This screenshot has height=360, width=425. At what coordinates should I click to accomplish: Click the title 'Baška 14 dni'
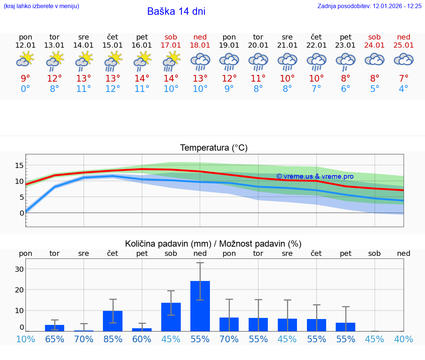tap(176, 11)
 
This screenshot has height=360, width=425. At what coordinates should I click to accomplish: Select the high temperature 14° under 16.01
tap(142, 79)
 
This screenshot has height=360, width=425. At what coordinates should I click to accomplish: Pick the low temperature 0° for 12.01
tap(25, 89)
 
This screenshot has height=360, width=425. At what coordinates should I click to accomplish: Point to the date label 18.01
tap(200, 45)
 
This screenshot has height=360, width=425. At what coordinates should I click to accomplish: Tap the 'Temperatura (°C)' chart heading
tap(214, 148)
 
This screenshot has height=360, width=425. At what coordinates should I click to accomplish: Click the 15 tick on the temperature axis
tap(20, 165)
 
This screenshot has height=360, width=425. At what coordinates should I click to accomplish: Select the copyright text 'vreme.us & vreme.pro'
tap(315, 176)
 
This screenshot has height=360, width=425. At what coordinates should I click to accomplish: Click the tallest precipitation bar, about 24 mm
tap(200, 306)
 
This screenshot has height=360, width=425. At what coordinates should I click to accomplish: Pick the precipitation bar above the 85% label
tap(113, 321)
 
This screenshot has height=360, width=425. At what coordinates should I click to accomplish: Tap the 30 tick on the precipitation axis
tap(20, 269)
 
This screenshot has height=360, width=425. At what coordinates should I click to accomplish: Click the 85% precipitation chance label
tap(113, 339)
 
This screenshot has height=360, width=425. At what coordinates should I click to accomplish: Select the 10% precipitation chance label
tap(25, 339)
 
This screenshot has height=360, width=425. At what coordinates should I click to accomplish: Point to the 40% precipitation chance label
tap(404, 339)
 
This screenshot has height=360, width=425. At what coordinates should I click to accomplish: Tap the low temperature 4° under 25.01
tap(404, 89)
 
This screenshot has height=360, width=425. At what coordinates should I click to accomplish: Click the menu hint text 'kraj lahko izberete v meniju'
tap(41, 6)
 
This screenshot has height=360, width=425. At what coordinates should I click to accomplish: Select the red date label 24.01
tap(374, 45)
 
